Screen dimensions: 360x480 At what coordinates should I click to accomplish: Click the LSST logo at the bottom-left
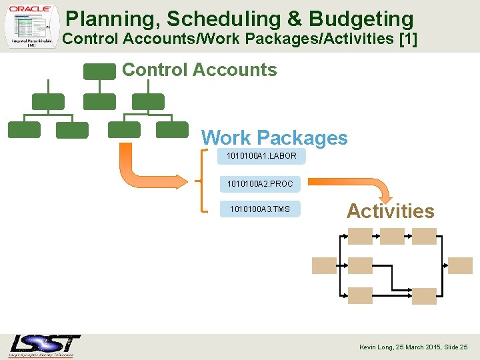pos(45,345)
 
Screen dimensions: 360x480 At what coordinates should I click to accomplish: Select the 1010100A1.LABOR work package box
pos(261,156)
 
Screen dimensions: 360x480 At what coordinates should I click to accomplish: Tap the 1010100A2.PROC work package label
pos(260,183)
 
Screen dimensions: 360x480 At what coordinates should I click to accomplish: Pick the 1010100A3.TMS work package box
pos(260,209)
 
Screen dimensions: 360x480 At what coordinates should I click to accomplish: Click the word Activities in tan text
pos(390,211)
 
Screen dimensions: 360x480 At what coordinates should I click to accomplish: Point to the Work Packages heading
pos(274,138)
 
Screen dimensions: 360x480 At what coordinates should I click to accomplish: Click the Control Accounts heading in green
pos(199,69)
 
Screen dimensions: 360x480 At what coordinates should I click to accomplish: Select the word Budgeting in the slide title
pos(356,19)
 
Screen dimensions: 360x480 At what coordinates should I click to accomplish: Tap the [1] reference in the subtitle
pos(407,39)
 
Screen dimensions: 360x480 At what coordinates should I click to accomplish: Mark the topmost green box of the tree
pos(99,71)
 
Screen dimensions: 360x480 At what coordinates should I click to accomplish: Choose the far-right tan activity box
pos(460,265)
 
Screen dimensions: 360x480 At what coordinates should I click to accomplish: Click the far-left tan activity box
pos(325,265)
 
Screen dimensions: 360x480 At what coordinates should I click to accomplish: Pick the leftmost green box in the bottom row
pos(24,129)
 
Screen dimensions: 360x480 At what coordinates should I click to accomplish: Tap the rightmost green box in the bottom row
pos(172,129)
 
